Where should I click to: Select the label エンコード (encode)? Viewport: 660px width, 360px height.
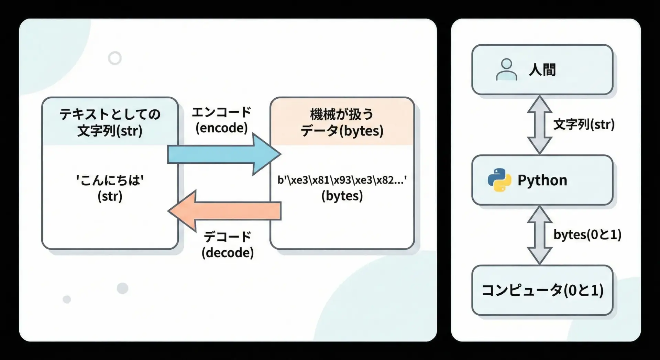click(222, 120)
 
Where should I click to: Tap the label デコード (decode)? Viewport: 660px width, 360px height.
click(228, 245)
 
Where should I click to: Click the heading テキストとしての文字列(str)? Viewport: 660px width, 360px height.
click(110, 122)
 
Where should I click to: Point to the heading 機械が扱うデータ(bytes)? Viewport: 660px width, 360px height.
click(342, 122)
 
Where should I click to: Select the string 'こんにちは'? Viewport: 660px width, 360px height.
click(110, 180)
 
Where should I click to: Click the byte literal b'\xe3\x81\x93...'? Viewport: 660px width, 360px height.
click(342, 180)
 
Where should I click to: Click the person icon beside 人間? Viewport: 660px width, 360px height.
click(506, 69)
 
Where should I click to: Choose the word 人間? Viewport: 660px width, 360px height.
click(542, 70)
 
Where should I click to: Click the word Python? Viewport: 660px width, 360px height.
click(542, 180)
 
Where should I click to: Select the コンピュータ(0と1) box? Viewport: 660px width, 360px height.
click(542, 290)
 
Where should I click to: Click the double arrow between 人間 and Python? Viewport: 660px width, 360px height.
click(539, 125)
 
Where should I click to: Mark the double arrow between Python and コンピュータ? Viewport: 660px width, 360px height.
click(539, 235)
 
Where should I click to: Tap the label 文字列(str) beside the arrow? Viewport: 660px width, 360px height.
click(584, 124)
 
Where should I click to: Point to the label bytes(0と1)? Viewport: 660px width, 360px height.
click(587, 234)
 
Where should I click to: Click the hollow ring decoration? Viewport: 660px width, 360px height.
click(115, 58)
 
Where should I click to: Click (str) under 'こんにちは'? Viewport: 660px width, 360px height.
click(110, 196)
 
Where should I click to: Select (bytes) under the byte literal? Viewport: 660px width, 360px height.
click(342, 196)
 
